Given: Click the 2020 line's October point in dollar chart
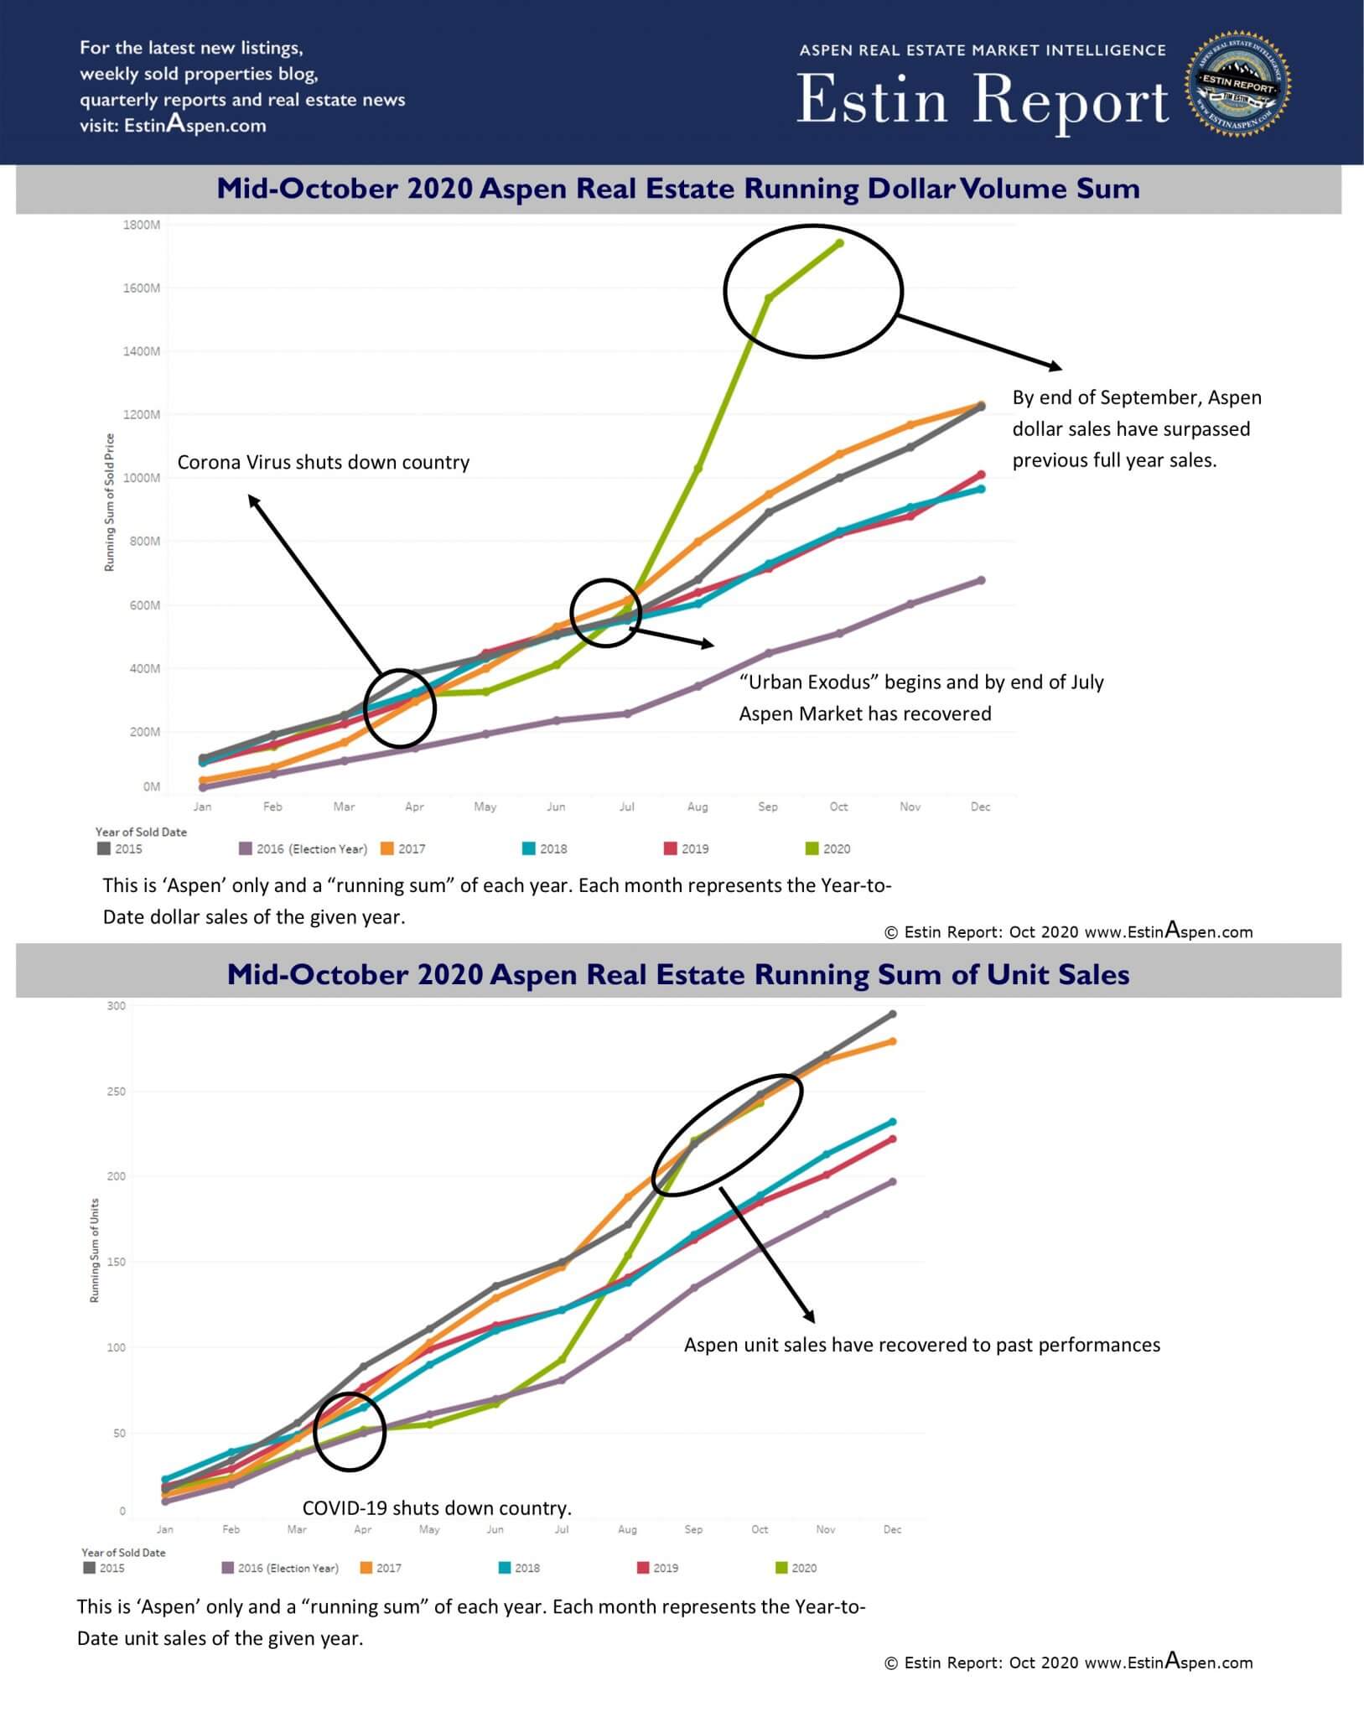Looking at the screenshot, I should coord(839,243).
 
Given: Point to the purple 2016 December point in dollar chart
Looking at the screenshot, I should coord(981,580).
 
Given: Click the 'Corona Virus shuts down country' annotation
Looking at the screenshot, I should coord(323,463).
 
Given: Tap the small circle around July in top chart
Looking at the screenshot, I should coord(605,613).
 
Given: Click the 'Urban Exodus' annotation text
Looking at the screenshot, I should coord(921,698).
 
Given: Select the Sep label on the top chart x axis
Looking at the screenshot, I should coord(768,807).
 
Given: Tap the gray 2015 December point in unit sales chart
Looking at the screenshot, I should coord(892,1014).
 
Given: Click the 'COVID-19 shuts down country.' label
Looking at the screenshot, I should coord(437,1508).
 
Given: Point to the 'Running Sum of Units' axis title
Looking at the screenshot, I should coord(95,1250).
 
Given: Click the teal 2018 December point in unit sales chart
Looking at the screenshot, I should coord(892,1122).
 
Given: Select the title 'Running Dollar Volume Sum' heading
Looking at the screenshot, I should coord(678,189).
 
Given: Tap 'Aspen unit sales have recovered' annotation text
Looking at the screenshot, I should coord(921,1345).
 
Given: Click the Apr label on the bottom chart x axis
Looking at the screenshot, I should coord(362,1529).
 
